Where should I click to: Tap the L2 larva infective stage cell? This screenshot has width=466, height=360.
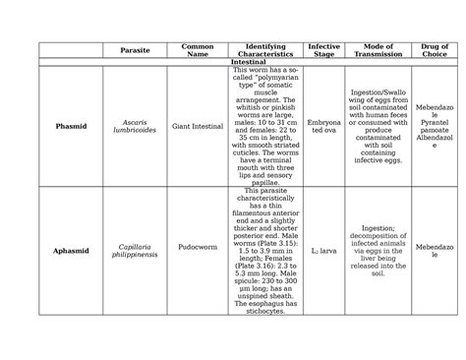pos(323,252)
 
